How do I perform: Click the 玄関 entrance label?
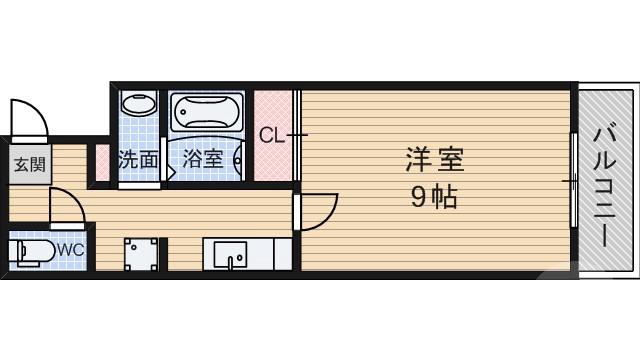(28, 163)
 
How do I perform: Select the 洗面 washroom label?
(138, 159)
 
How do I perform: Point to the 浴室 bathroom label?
(203, 159)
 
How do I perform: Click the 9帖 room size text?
(433, 198)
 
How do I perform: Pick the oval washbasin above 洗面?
(137, 104)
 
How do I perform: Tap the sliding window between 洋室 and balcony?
(574, 180)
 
